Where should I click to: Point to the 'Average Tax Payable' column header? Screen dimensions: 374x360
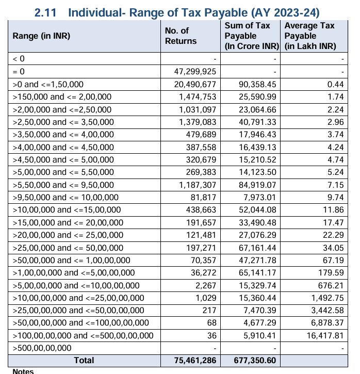309,36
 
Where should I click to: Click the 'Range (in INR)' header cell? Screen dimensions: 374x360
41,36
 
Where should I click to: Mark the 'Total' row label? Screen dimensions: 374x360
84,361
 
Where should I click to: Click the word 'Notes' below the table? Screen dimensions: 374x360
23,371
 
